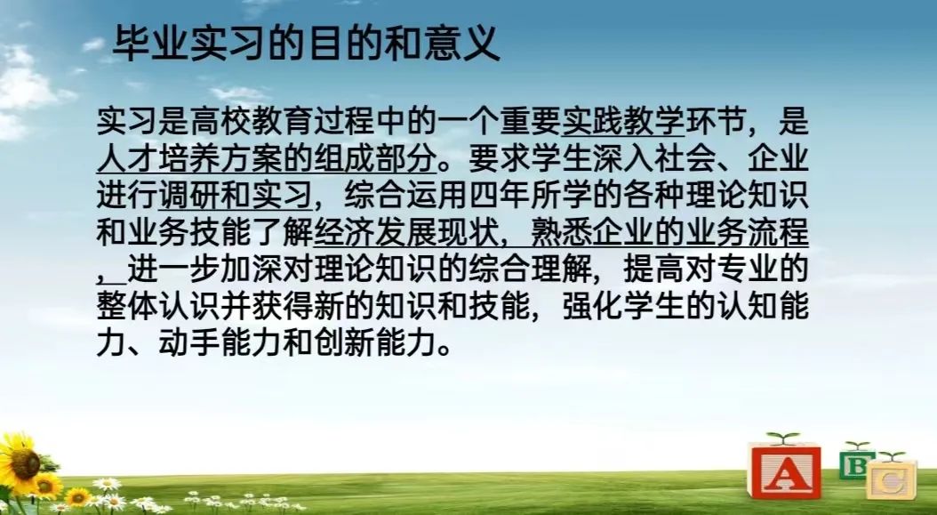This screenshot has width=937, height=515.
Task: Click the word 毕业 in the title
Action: [x=149, y=43]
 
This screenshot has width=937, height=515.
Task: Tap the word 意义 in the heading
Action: [x=462, y=43]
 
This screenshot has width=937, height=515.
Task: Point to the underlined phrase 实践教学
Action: [x=622, y=122]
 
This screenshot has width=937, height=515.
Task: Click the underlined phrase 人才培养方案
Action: [x=189, y=158]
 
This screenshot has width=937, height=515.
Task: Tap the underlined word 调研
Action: [x=189, y=196]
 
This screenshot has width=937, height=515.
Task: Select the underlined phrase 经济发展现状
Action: [x=405, y=233]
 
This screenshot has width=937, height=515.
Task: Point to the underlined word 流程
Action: [x=778, y=233]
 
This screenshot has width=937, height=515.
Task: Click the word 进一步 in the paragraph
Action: [x=174, y=270]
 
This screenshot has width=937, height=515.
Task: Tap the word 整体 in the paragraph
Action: [x=128, y=307]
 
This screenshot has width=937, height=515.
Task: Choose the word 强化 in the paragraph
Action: [x=592, y=307]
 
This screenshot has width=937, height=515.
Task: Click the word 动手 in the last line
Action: [x=189, y=344]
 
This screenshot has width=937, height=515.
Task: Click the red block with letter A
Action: [x=784, y=471]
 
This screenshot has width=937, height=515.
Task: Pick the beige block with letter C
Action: [x=892, y=479]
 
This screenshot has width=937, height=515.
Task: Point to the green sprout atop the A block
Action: [x=783, y=438]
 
